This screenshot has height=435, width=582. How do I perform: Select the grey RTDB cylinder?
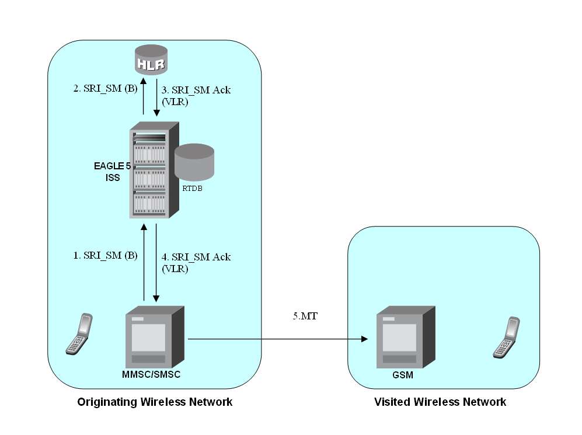tap(194, 162)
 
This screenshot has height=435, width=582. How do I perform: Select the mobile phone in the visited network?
tap(506, 337)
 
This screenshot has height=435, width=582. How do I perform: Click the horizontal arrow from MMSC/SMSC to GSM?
tap(277, 339)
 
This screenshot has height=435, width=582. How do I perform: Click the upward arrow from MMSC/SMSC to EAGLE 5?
tap(143, 263)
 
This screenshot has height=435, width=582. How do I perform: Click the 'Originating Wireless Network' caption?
tap(155, 402)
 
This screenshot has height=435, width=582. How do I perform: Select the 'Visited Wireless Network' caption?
tap(440, 402)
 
